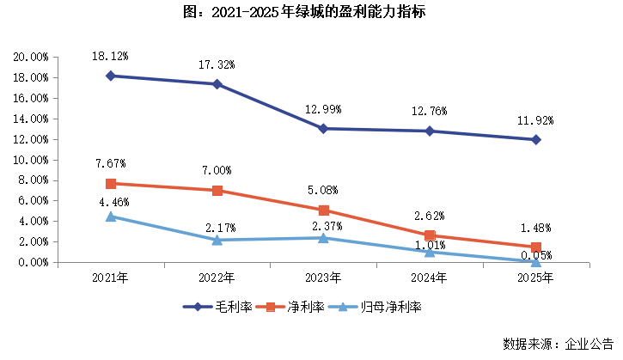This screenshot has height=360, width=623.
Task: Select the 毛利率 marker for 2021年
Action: tap(111, 76)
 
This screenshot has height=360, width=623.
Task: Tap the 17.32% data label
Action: tap(217, 64)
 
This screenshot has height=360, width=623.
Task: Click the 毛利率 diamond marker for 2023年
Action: tap(323, 129)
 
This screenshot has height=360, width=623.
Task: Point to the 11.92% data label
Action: tap(535, 120)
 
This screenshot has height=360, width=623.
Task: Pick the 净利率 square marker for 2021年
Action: tap(111, 184)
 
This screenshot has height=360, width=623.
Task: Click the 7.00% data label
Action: tap(217, 171)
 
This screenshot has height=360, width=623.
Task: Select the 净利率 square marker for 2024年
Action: tap(430, 235)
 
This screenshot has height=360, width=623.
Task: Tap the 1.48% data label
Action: tap(535, 228)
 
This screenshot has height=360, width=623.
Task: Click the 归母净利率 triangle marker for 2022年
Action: tap(217, 240)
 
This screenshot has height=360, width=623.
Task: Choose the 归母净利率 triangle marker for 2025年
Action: tap(535, 261)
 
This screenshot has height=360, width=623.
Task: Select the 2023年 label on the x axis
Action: tap(323, 278)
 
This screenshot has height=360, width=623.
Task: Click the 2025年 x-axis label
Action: tap(535, 278)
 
